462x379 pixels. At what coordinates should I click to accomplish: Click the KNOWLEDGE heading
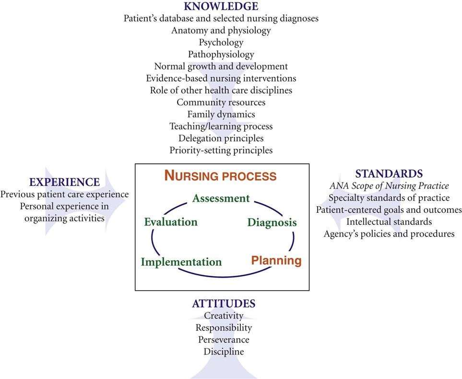221,6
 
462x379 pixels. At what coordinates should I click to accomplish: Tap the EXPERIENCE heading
64,182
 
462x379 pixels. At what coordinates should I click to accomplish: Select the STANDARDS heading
389,173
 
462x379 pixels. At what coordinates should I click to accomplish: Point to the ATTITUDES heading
224,304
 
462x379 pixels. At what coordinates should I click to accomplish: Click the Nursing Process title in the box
220,176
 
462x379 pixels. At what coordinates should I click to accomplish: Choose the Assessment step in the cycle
221,198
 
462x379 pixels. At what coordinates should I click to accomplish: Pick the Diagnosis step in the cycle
272,222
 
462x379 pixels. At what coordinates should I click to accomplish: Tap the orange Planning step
276,261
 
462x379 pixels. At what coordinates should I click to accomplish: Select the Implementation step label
181,262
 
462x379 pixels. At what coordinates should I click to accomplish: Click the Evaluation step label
171,222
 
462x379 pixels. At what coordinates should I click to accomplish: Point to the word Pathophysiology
221,54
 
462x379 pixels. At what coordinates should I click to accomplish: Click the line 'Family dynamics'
221,114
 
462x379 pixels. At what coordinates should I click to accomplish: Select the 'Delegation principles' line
221,138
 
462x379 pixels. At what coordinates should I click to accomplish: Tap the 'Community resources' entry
221,102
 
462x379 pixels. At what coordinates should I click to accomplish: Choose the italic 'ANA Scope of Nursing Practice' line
389,186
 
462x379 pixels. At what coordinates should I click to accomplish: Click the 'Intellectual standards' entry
389,222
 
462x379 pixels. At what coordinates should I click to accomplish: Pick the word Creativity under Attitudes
224,316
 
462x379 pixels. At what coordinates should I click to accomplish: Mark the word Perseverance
224,340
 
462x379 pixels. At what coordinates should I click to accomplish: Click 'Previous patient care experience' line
64,195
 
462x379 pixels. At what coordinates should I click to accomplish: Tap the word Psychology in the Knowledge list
221,42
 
